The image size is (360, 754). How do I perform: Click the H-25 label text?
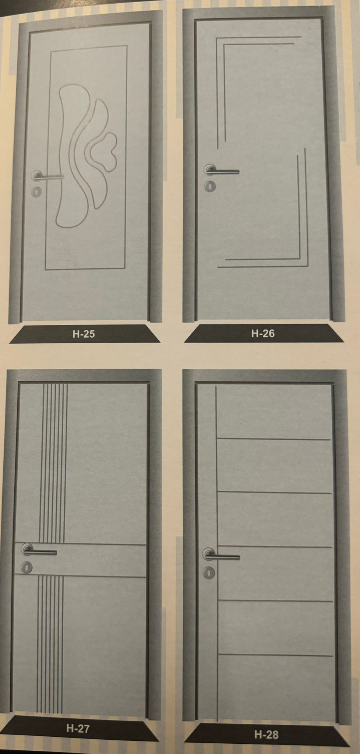point(84,334)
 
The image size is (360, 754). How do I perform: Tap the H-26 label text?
point(263,333)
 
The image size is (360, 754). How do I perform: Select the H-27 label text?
point(78,728)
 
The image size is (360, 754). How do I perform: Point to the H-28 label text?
point(266,735)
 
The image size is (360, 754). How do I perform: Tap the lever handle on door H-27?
point(39,551)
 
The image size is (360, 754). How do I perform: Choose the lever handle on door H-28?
point(221,555)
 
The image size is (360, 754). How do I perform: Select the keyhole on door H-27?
point(27,567)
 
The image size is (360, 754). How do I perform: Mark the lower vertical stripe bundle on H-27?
point(50,644)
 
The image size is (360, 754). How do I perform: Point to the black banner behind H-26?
point(263,334)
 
